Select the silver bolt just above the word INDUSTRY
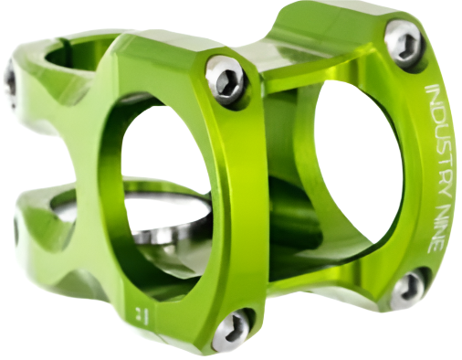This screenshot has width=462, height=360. pos(404,42)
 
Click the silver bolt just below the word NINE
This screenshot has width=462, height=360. pos(408,289)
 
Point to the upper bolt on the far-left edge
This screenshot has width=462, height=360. pos(11,82)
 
